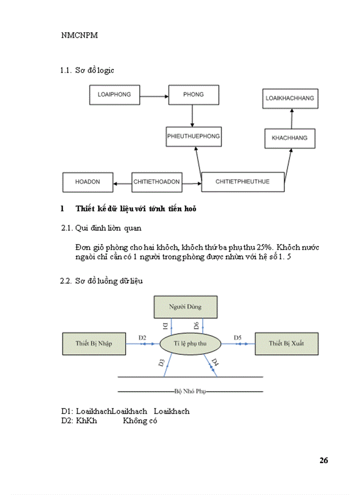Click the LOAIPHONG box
point(114,95)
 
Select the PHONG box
point(193,95)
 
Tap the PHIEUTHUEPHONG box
point(193,137)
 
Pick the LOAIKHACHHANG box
point(290,98)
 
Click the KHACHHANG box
point(289,138)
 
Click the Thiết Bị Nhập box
point(94,343)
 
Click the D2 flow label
point(142,337)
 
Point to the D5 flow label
point(238,337)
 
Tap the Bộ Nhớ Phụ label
point(191,391)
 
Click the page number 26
point(324,461)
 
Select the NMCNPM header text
point(79,36)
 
